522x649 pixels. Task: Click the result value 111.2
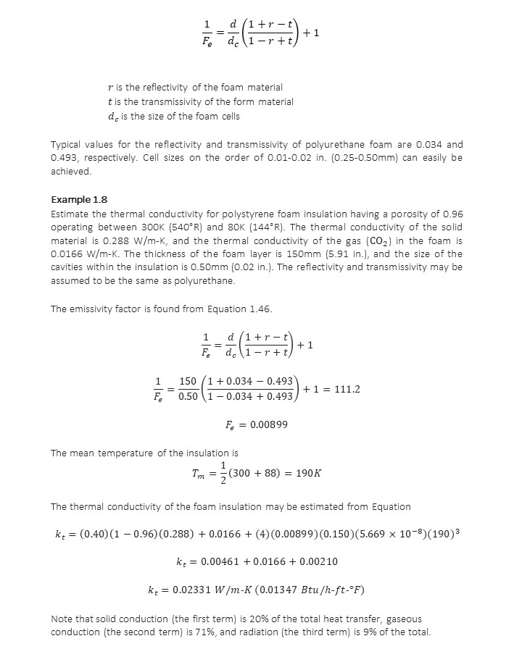coord(347,389)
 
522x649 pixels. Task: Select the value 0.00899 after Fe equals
coord(269,424)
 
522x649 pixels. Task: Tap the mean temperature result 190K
coord(309,473)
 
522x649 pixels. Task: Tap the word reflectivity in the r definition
coord(159,88)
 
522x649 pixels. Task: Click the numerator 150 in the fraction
coord(188,381)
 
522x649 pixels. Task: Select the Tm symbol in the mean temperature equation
coord(198,474)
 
